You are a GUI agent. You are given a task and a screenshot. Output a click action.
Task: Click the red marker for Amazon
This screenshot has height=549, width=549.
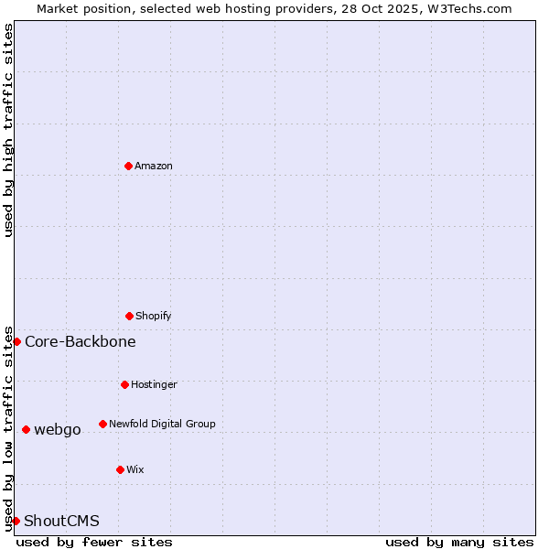[128, 166]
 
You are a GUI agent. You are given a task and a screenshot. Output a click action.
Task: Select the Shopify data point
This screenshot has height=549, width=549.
[129, 316]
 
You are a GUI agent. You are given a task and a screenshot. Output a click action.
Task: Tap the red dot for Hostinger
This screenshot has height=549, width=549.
[124, 384]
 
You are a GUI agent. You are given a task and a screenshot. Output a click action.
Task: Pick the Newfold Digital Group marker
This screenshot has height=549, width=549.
[102, 424]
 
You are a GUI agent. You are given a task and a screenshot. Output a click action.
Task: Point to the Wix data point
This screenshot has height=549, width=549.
[120, 469]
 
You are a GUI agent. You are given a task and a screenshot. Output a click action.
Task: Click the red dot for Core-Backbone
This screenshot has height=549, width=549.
[16, 341]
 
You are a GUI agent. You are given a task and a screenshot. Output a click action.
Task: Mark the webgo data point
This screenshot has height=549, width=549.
[26, 429]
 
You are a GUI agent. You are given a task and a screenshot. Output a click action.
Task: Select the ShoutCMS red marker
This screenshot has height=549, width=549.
[16, 521]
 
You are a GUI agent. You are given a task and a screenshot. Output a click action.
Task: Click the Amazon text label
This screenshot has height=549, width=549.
[154, 166]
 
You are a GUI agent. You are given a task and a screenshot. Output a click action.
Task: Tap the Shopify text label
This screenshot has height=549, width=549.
[154, 316]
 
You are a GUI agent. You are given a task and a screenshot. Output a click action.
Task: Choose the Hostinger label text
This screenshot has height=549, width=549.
[154, 384]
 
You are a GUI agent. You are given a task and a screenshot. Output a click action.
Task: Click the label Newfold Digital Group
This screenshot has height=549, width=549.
[162, 424]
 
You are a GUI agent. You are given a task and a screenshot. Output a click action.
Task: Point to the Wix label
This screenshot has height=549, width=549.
[135, 469]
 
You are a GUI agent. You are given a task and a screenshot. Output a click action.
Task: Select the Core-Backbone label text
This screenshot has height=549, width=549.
[81, 341]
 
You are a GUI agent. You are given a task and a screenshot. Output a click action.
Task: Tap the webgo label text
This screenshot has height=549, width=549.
[58, 429]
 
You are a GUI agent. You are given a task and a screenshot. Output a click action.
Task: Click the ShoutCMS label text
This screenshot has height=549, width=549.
[61, 521]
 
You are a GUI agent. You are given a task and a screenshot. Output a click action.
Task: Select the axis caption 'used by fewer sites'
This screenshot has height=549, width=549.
[94, 542]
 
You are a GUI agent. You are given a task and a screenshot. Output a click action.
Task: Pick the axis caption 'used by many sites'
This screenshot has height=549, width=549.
[459, 542]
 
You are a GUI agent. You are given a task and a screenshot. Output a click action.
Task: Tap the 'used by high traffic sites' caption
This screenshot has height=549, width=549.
[8, 130]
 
